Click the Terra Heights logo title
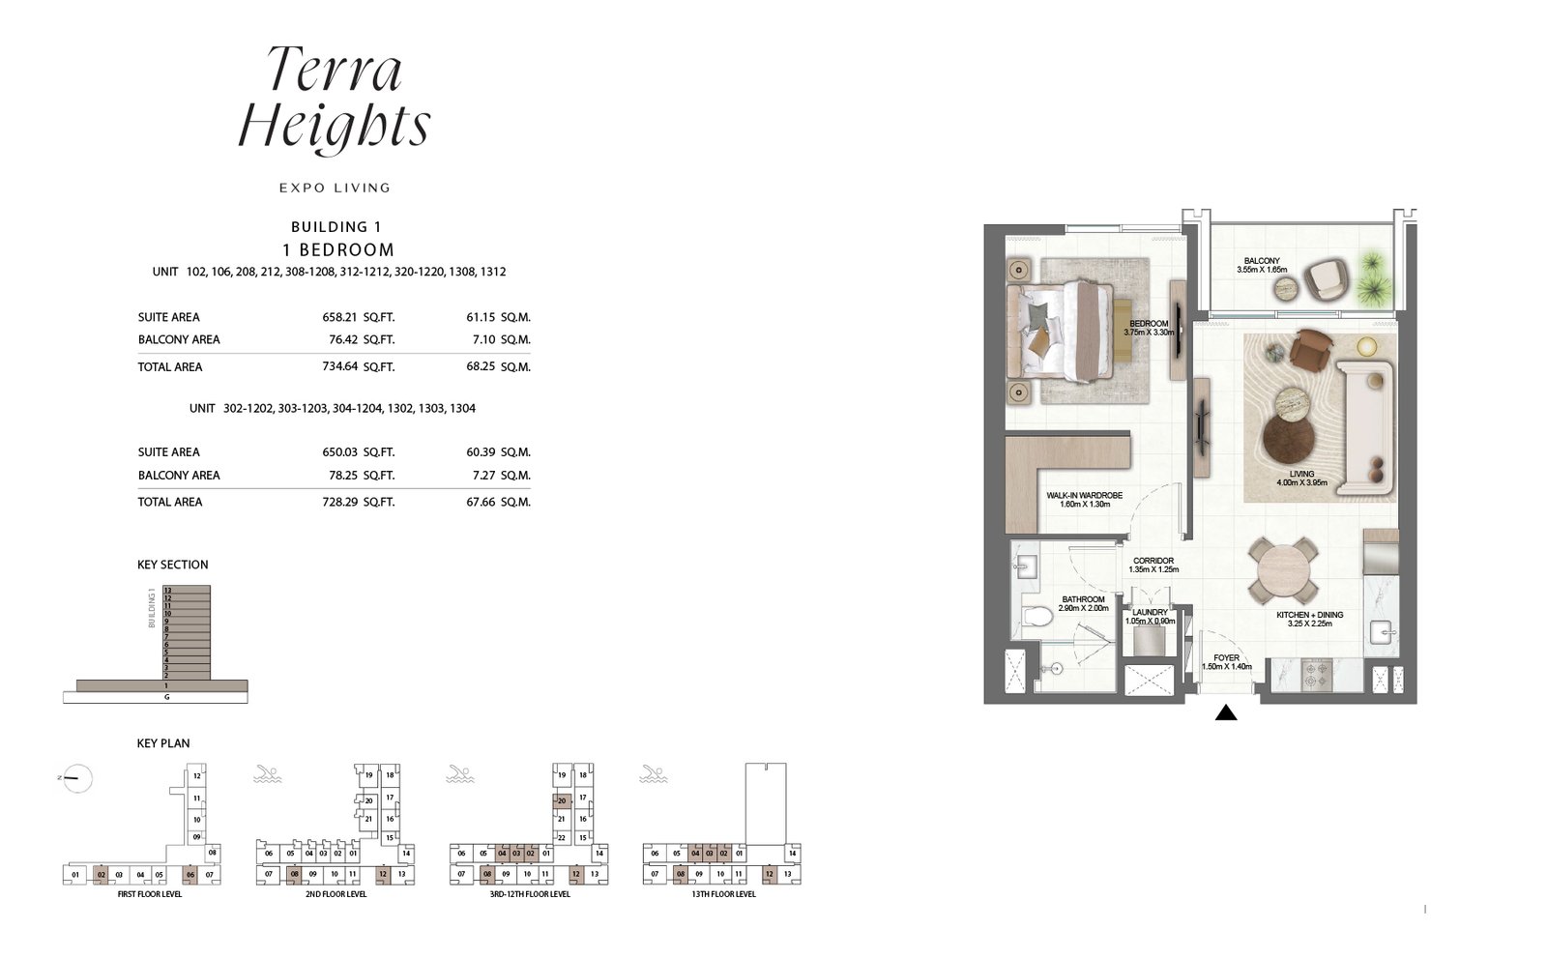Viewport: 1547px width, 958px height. click(x=334, y=99)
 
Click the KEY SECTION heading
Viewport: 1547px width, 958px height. click(x=173, y=565)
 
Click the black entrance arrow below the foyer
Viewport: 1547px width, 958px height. click(x=1226, y=713)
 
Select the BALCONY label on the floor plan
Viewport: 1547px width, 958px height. click(x=1262, y=261)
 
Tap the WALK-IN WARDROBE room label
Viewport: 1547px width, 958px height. click(x=1084, y=496)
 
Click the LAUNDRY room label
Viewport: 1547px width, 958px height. click(x=1150, y=612)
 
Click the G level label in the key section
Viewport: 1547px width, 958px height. click(x=167, y=697)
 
